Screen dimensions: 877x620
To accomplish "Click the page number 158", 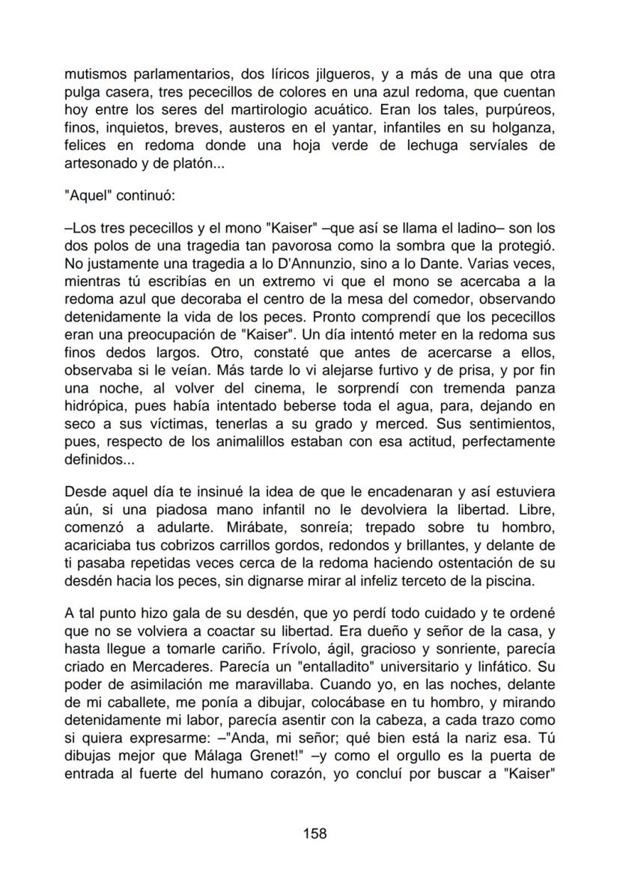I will click(314, 834).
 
